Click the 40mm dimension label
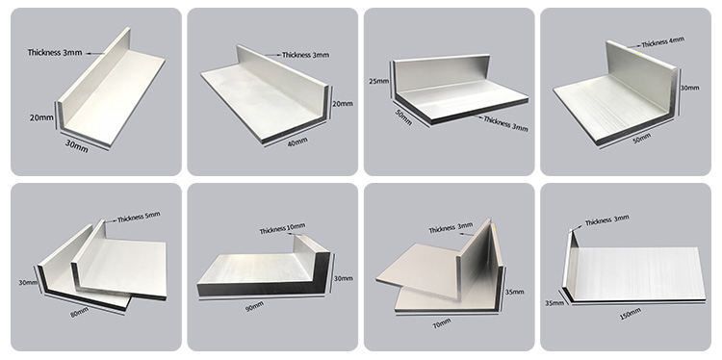click(297, 141)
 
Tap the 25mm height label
click(379, 82)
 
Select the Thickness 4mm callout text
click(662, 42)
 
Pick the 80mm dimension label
click(79, 313)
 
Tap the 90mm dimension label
click(254, 306)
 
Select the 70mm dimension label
click(442, 323)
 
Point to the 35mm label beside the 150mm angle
click(554, 302)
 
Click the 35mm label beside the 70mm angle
click(514, 292)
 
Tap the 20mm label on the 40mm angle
click(342, 104)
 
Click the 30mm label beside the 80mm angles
click(28, 282)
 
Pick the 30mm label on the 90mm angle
click(344, 278)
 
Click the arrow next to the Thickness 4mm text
click(634, 46)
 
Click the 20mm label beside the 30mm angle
click(41, 117)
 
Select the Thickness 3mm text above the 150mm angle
click(606, 220)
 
